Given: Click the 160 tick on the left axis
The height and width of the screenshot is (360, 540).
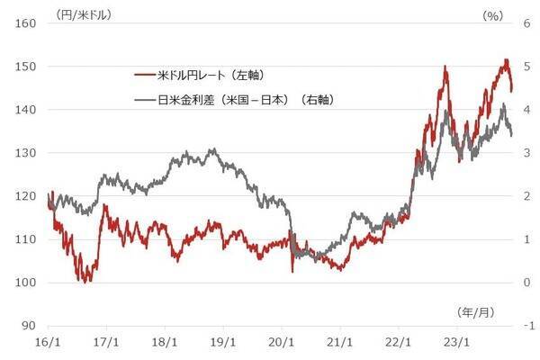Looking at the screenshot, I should click(23, 23).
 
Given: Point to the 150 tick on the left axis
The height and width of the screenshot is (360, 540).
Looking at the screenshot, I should click(23, 67).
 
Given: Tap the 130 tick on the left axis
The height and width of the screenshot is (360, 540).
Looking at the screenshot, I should click(23, 153).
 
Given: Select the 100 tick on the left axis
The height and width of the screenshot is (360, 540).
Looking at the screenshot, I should click(23, 283).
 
